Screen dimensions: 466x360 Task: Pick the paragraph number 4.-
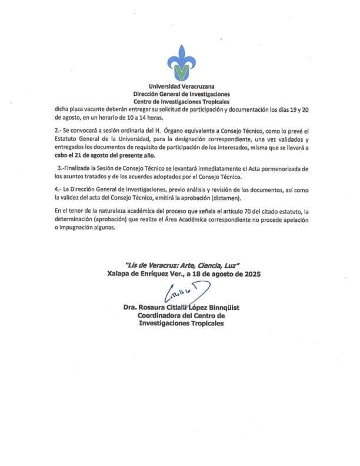click(x=57, y=189)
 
